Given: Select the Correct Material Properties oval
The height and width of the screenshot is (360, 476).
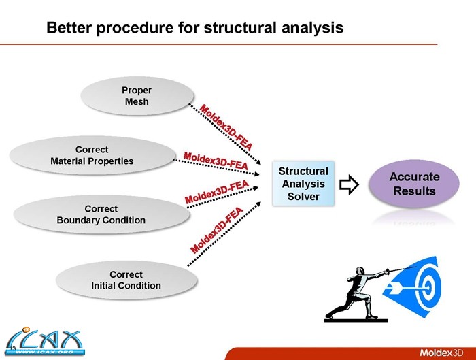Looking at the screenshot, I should pyautogui.click(x=92, y=155).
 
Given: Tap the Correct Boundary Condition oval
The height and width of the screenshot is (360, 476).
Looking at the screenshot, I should pyautogui.click(x=101, y=214).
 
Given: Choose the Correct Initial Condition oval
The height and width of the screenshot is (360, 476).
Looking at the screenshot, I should pyautogui.click(x=126, y=280).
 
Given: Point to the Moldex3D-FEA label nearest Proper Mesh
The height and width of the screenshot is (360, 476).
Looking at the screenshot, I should pyautogui.click(x=226, y=129).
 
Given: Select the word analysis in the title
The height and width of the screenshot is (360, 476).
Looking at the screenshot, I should pyautogui.click(x=306, y=29).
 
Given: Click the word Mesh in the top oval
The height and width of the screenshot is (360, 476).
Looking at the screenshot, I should pyautogui.click(x=136, y=102).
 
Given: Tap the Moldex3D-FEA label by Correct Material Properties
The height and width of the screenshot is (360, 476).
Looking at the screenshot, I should pyautogui.click(x=215, y=160).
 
